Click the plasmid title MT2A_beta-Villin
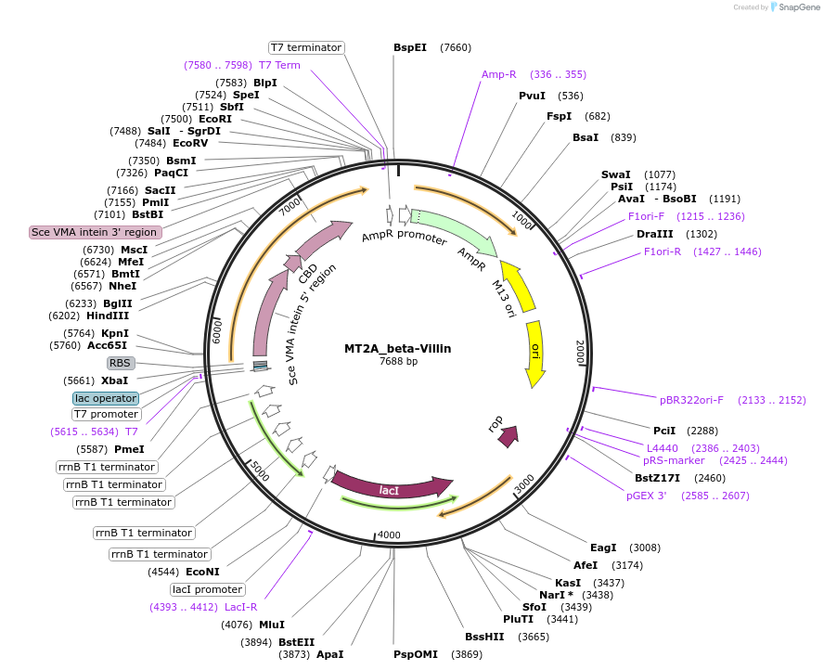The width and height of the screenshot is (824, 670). [x=397, y=348]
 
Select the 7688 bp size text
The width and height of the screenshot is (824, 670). [x=398, y=361]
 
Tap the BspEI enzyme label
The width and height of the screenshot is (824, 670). [x=410, y=47]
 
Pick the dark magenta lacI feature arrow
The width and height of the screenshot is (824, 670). [x=390, y=486]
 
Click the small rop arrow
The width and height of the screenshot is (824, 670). [x=508, y=436]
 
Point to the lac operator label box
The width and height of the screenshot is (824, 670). [x=106, y=398]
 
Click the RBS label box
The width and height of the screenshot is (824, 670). [x=121, y=363]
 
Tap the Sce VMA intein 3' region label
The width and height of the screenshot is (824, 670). [x=95, y=232]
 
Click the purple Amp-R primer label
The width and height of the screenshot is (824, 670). [x=498, y=74]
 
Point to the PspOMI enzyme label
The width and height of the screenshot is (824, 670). [x=415, y=654]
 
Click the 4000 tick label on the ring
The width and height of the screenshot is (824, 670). [x=389, y=535]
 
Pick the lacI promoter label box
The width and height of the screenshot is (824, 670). [x=208, y=589]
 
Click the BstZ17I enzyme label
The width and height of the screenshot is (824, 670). [x=657, y=478]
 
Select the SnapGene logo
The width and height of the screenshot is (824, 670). [x=799, y=7]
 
